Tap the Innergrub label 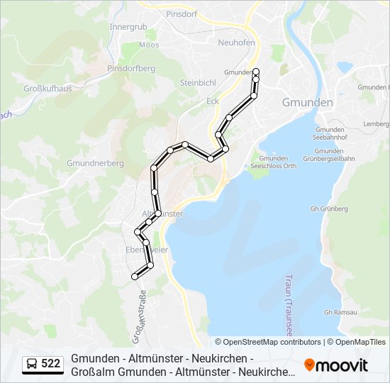[x=128, y=27]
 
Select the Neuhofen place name [x=236, y=42]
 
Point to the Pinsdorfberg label [x=130, y=68]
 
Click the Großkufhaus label [x=48, y=89]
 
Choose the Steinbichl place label [x=197, y=82]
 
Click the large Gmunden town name [x=307, y=102]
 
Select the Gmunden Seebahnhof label [x=328, y=134]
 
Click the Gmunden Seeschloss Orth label [x=273, y=162]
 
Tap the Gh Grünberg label [x=329, y=209]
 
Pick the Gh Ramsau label [x=339, y=312]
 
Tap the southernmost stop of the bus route [x=134, y=277]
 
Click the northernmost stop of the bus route [x=256, y=71]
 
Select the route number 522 [x=50, y=364]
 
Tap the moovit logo [x=336, y=365]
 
